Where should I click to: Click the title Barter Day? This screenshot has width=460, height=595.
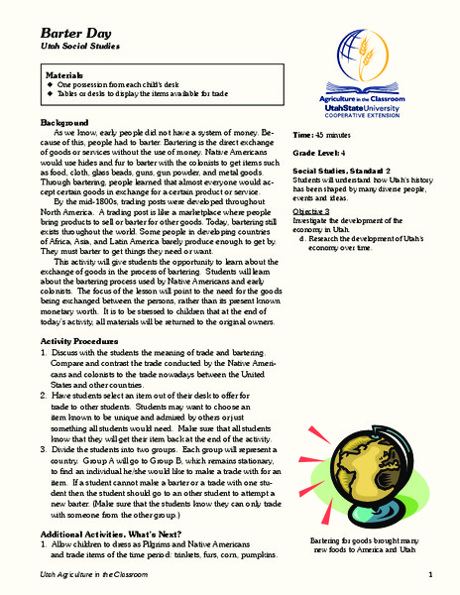71,33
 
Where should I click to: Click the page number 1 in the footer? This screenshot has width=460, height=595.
431,575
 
